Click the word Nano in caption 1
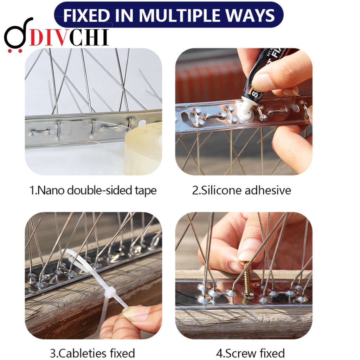[50, 191]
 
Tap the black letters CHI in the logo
[89, 38]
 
